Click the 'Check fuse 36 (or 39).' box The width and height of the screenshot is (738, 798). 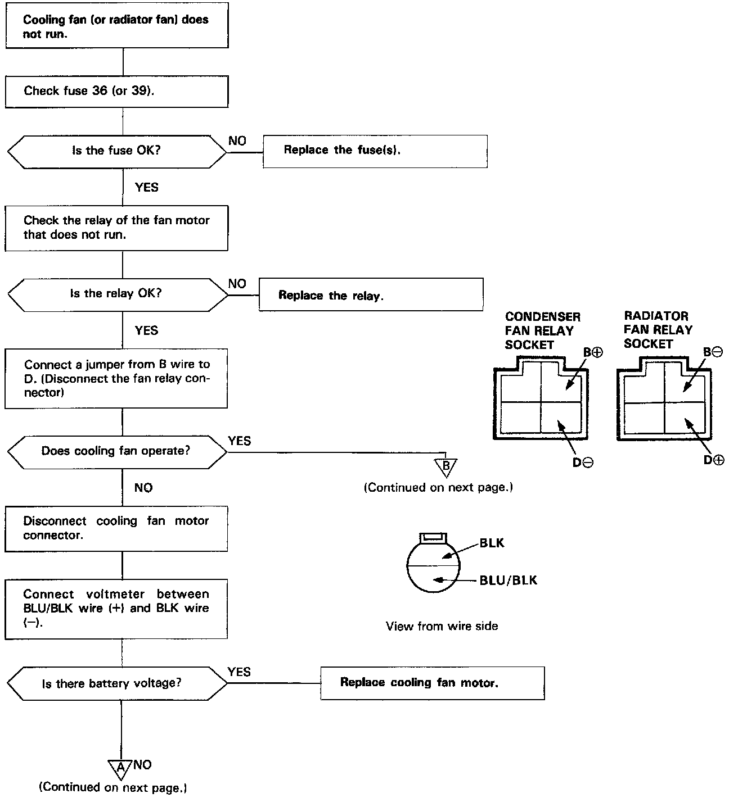[x=116, y=91]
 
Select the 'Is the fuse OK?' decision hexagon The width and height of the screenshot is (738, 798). [x=116, y=151]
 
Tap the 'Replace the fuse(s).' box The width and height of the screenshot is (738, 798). [x=375, y=151]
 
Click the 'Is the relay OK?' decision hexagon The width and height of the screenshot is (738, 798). [x=116, y=294]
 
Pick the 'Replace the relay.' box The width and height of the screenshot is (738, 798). [x=371, y=295]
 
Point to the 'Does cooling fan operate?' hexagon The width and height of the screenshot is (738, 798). [x=116, y=451]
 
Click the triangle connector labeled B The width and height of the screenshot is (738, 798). [x=445, y=466]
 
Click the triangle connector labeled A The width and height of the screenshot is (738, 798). [x=120, y=768]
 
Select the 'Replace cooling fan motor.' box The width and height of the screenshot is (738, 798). [x=432, y=683]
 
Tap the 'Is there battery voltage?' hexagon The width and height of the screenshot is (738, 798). [x=116, y=683]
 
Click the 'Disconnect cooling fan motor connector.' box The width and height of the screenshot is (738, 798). [x=116, y=528]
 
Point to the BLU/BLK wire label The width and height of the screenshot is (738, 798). [x=508, y=580]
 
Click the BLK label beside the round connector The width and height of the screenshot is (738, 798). [x=492, y=543]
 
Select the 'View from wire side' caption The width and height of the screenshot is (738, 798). [x=442, y=626]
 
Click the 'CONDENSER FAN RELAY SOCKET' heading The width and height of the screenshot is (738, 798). [x=542, y=330]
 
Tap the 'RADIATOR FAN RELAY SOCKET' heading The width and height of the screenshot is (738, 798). [x=658, y=330]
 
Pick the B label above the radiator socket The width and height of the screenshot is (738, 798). [x=713, y=352]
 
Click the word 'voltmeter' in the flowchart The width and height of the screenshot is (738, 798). [x=115, y=594]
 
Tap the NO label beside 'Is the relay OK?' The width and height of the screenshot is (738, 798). [x=237, y=283]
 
